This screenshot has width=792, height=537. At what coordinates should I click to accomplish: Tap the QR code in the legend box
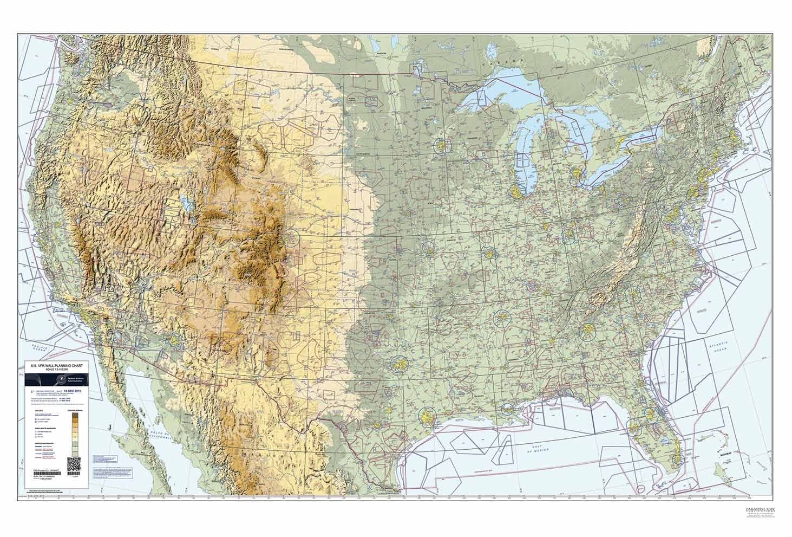tap(74, 464)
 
